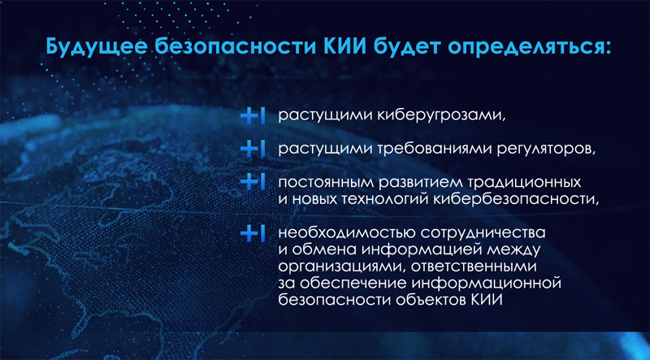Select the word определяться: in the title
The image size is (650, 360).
coord(526,47)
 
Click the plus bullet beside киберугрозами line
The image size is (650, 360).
coord(252,117)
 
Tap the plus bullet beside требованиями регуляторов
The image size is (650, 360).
coord(252,150)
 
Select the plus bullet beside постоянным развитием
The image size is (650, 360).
coord(252,183)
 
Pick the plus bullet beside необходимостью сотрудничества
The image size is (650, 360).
coord(252,233)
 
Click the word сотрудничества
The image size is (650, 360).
coord(483,234)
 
